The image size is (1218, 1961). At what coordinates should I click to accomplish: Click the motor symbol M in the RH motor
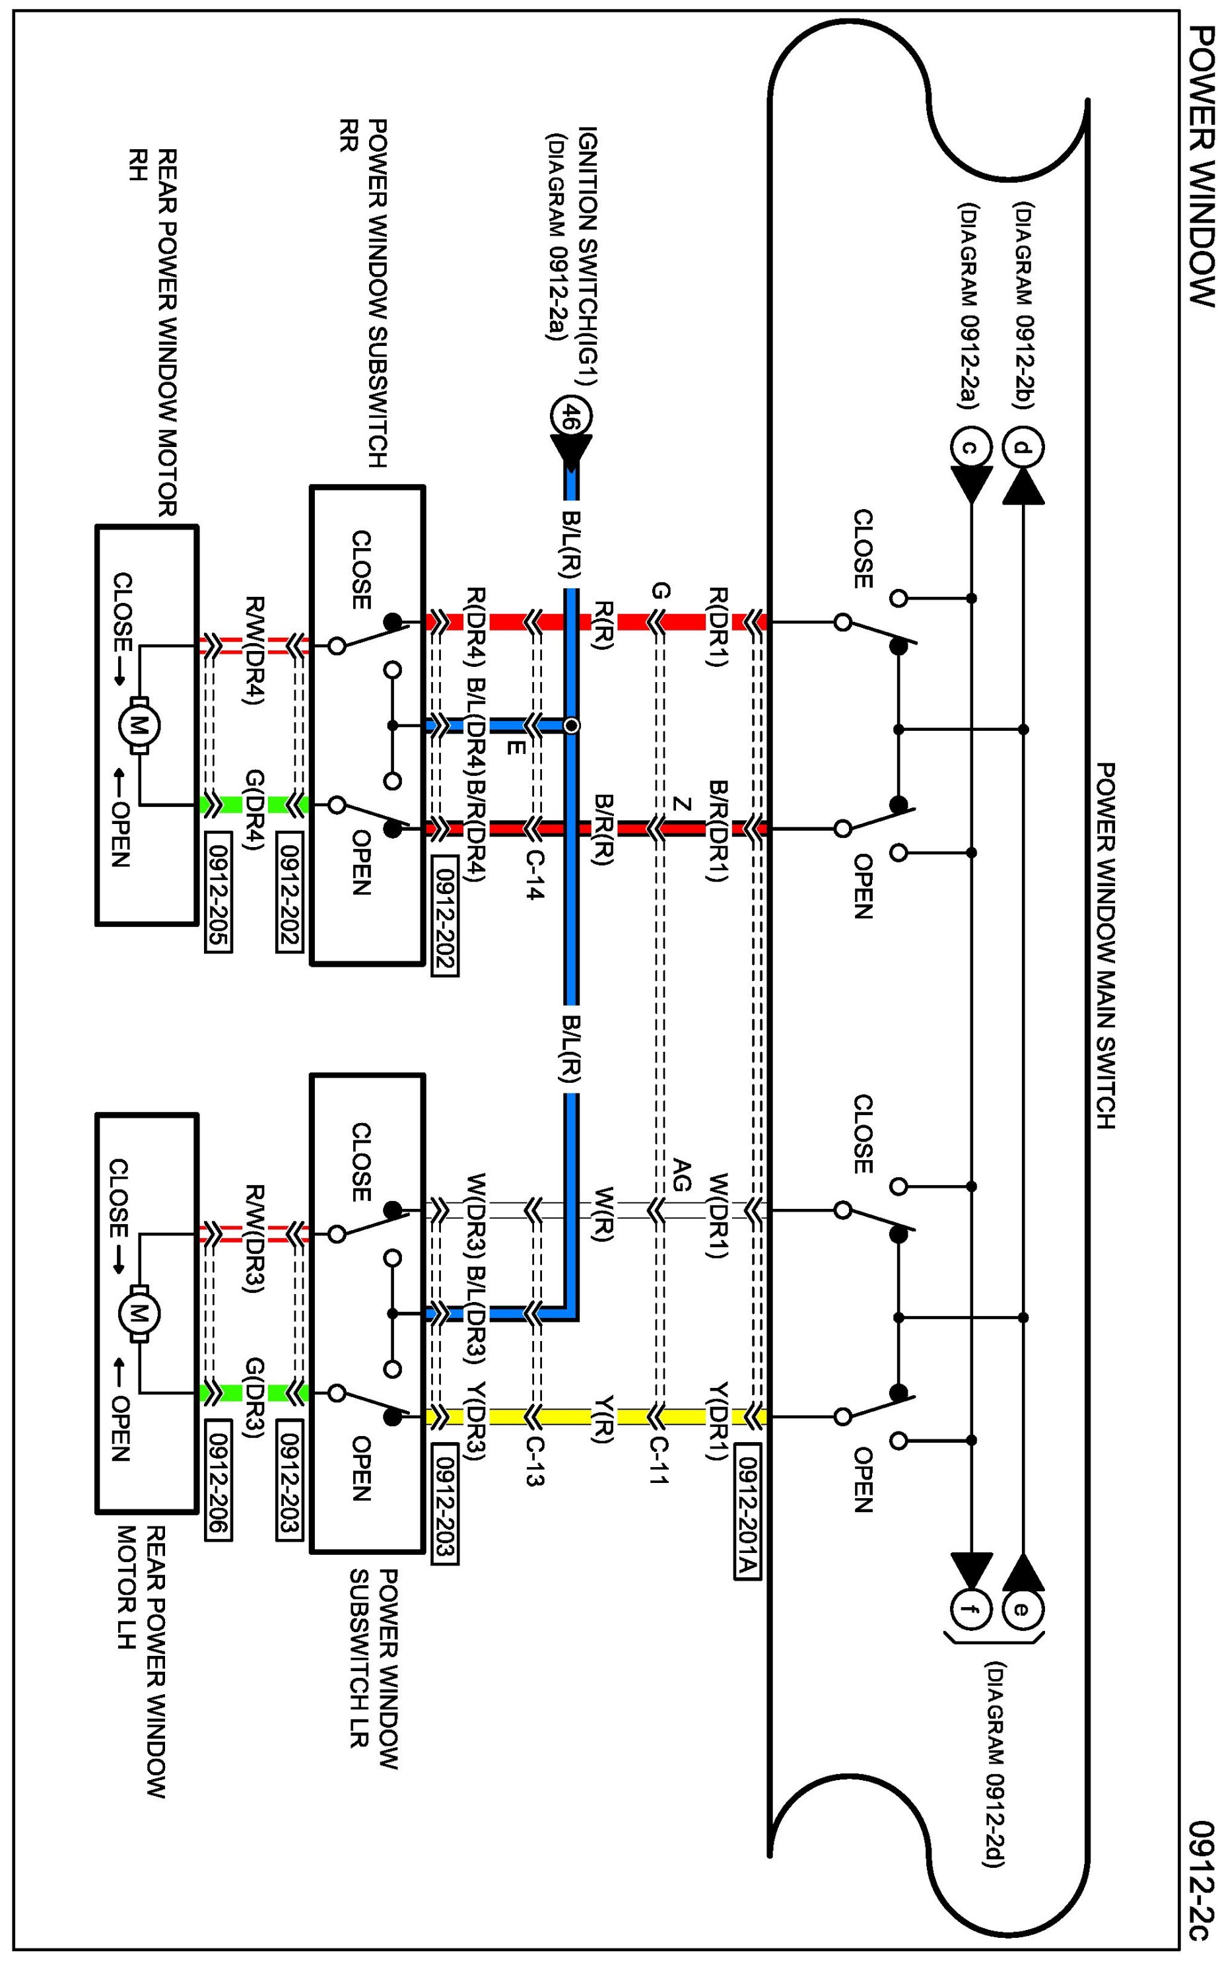(x=139, y=726)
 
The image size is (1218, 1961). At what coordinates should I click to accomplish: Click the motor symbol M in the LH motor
(x=139, y=1314)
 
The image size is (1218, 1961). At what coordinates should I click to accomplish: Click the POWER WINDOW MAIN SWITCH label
(x=1105, y=946)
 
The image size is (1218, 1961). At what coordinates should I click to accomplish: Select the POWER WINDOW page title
(x=1201, y=166)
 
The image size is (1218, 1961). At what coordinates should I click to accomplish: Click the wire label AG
(x=681, y=1175)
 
